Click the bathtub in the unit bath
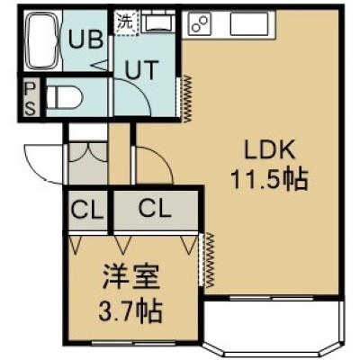41,40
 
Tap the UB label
86,40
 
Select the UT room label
141,70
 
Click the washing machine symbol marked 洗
126,23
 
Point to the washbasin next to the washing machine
158,22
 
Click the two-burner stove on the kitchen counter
200,22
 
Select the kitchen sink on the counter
249,23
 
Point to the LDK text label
268,150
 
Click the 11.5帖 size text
269,179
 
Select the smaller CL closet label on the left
87,210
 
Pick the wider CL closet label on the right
156,209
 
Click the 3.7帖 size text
130,308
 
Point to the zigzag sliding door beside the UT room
188,98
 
